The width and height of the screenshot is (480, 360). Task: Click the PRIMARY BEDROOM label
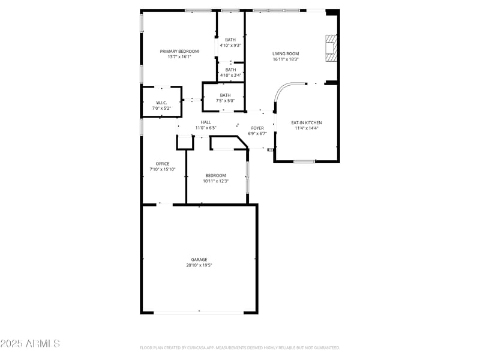coord(179,52)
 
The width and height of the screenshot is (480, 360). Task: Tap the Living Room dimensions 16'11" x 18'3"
coord(286,59)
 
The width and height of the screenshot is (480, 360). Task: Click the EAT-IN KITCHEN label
coord(307,122)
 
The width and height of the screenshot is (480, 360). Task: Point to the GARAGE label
coord(199,259)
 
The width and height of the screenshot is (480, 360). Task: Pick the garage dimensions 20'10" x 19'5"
coord(199,265)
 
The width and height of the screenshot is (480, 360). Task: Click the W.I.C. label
coord(161,103)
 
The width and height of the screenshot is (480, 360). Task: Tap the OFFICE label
coord(163,164)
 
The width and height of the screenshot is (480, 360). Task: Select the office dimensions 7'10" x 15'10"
coord(163,169)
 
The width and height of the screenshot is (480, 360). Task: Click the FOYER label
coord(257,128)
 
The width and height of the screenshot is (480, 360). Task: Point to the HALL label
coord(206,122)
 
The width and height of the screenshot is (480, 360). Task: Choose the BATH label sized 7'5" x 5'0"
coord(225,95)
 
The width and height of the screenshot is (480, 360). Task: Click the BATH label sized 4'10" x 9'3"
coord(230,40)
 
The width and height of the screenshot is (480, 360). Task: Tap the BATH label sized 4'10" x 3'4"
coord(230,70)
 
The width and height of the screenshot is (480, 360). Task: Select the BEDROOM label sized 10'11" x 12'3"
coord(215,175)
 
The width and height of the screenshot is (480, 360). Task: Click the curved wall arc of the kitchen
coord(280,90)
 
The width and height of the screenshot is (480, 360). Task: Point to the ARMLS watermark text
coord(30,344)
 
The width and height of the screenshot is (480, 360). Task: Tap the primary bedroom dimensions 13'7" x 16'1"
coord(179,57)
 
